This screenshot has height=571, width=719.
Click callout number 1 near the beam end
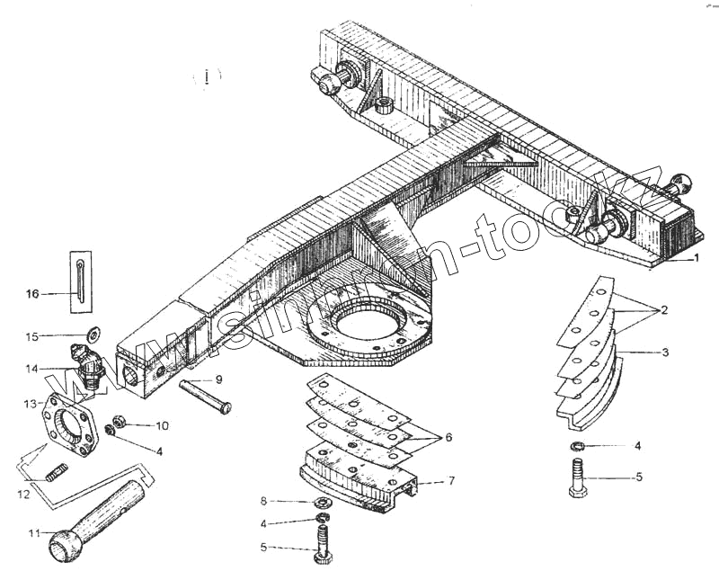pyautogui.click(x=696, y=258)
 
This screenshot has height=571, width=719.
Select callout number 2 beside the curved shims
pyautogui.click(x=663, y=310)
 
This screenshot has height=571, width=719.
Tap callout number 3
pyautogui.click(x=664, y=352)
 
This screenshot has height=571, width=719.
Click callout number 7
pyautogui.click(x=451, y=481)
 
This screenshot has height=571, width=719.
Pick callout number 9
pyautogui.click(x=218, y=379)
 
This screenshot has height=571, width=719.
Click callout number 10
pyautogui.click(x=162, y=424)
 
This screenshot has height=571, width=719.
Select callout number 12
pyautogui.click(x=25, y=493)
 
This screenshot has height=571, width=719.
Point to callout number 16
pyautogui.click(x=32, y=293)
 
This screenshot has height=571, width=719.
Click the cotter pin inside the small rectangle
pyautogui.click(x=79, y=280)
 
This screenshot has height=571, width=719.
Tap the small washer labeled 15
pyautogui.click(x=93, y=335)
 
